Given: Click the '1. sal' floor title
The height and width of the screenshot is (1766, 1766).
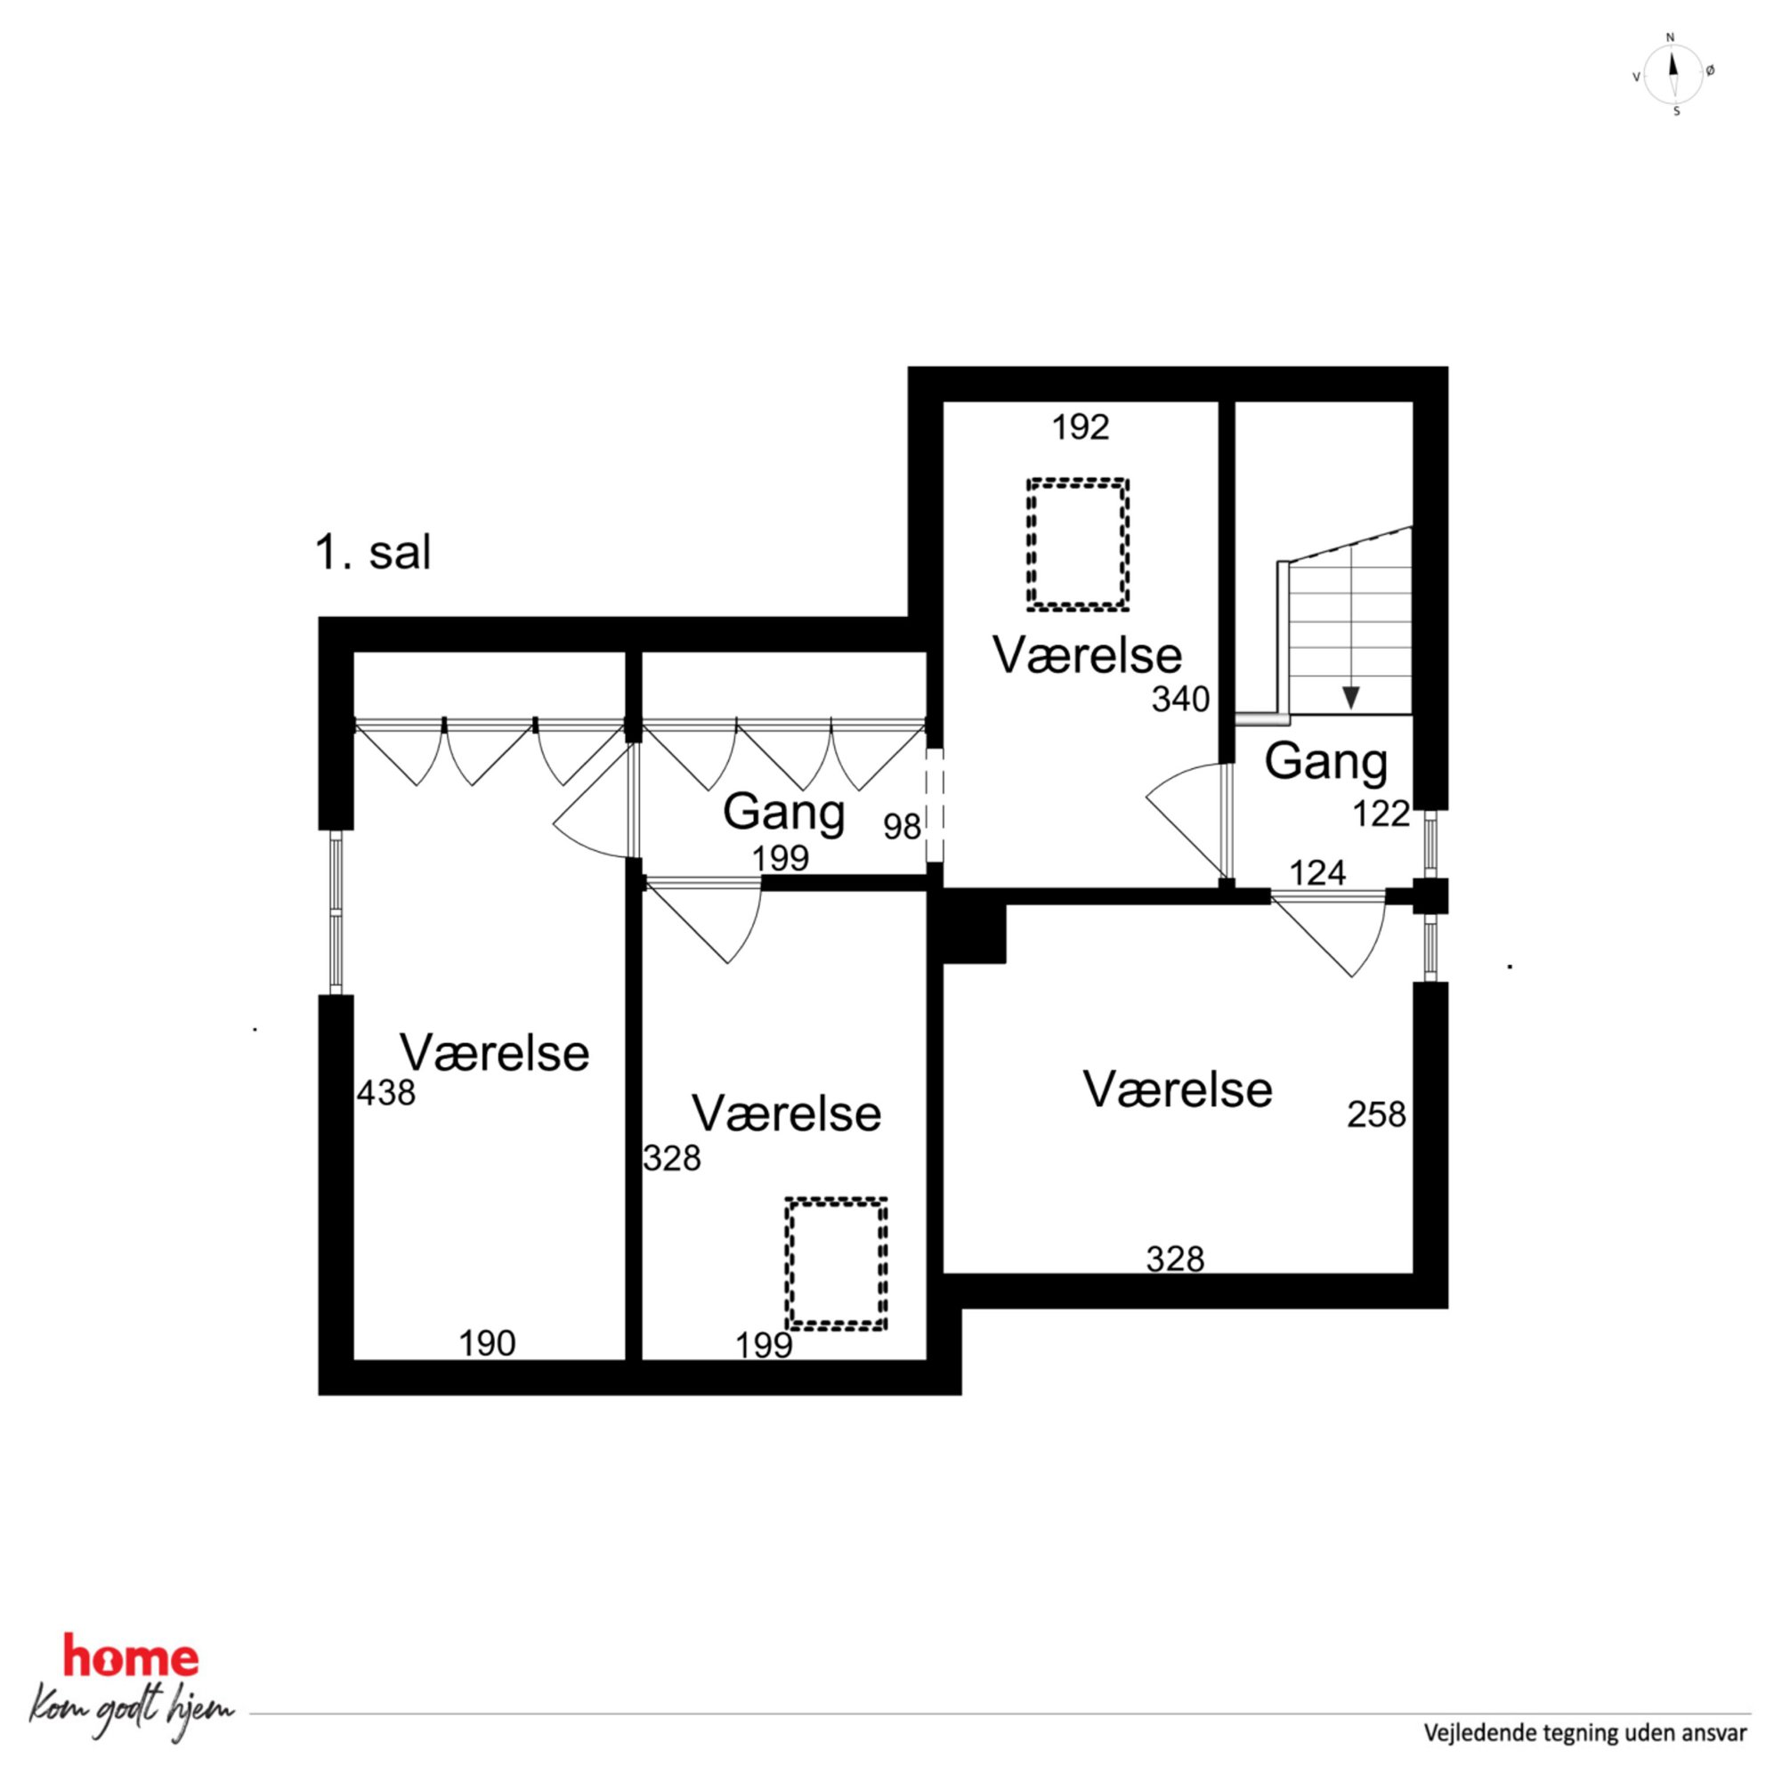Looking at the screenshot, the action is pyautogui.click(x=373, y=553).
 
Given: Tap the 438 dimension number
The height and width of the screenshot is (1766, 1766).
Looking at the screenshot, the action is pyautogui.click(x=385, y=1092).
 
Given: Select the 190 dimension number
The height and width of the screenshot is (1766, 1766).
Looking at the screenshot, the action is pyautogui.click(x=487, y=1343).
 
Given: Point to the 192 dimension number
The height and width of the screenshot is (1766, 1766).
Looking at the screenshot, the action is pyautogui.click(x=1081, y=427).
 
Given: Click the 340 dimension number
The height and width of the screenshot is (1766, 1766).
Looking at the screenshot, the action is pyautogui.click(x=1181, y=700).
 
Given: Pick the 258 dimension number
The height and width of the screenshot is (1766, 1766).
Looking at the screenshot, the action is pyautogui.click(x=1377, y=1114).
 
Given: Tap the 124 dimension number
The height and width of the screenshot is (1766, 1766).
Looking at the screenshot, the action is pyautogui.click(x=1317, y=873).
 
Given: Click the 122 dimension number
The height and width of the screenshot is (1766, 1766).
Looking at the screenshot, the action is pyautogui.click(x=1381, y=814).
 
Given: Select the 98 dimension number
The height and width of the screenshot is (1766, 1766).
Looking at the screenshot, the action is pyautogui.click(x=903, y=826).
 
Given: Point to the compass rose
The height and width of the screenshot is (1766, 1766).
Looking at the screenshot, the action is pyautogui.click(x=1673, y=74).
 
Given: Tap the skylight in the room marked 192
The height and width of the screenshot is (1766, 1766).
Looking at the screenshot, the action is pyautogui.click(x=1078, y=545).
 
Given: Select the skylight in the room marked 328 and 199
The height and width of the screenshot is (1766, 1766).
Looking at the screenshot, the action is pyautogui.click(x=837, y=1263).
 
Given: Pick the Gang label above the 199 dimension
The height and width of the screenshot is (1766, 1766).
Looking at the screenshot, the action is pyautogui.click(x=783, y=812).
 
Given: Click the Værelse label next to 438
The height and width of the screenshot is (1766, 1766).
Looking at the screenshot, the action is pyautogui.click(x=495, y=1053).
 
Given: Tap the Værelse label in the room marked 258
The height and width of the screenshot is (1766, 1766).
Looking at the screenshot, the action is pyautogui.click(x=1179, y=1090).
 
